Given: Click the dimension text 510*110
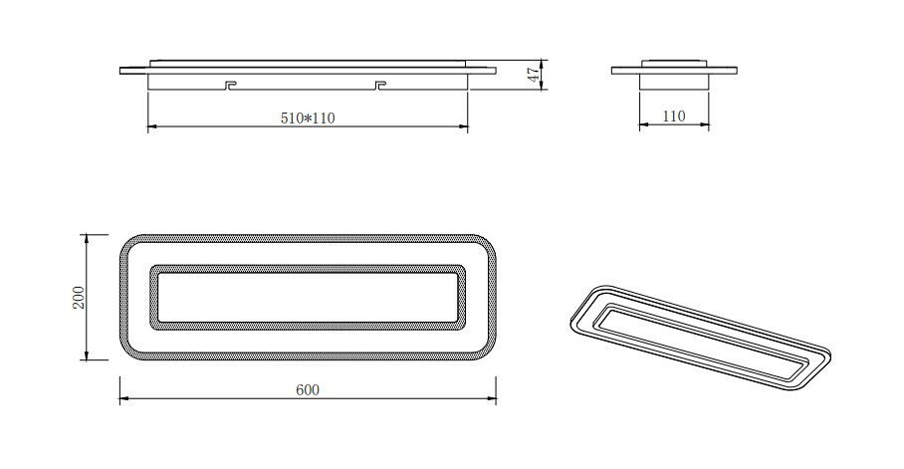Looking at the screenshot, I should click(308, 117).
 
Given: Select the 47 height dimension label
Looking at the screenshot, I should click(533, 74).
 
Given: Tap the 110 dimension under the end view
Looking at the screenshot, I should click(674, 117).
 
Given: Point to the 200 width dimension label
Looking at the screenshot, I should click(79, 297).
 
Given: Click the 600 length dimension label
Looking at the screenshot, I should click(308, 389).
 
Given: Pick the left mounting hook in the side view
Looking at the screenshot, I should click(229, 85).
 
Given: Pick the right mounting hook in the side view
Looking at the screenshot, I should click(378, 85).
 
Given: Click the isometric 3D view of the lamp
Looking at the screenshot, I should click(698, 336).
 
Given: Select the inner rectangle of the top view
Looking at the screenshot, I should click(308, 296).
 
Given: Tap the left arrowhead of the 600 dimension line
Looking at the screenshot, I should click(123, 399).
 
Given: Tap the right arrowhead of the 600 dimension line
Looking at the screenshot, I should click(492, 399).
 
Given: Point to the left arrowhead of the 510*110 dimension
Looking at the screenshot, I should click(151, 126).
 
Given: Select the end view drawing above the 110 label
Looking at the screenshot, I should click(674, 76).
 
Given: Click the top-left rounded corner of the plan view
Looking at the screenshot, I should click(130, 244).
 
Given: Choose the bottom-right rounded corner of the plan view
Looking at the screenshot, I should click(485, 350).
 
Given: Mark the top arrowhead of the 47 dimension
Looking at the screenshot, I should click(543, 62).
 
